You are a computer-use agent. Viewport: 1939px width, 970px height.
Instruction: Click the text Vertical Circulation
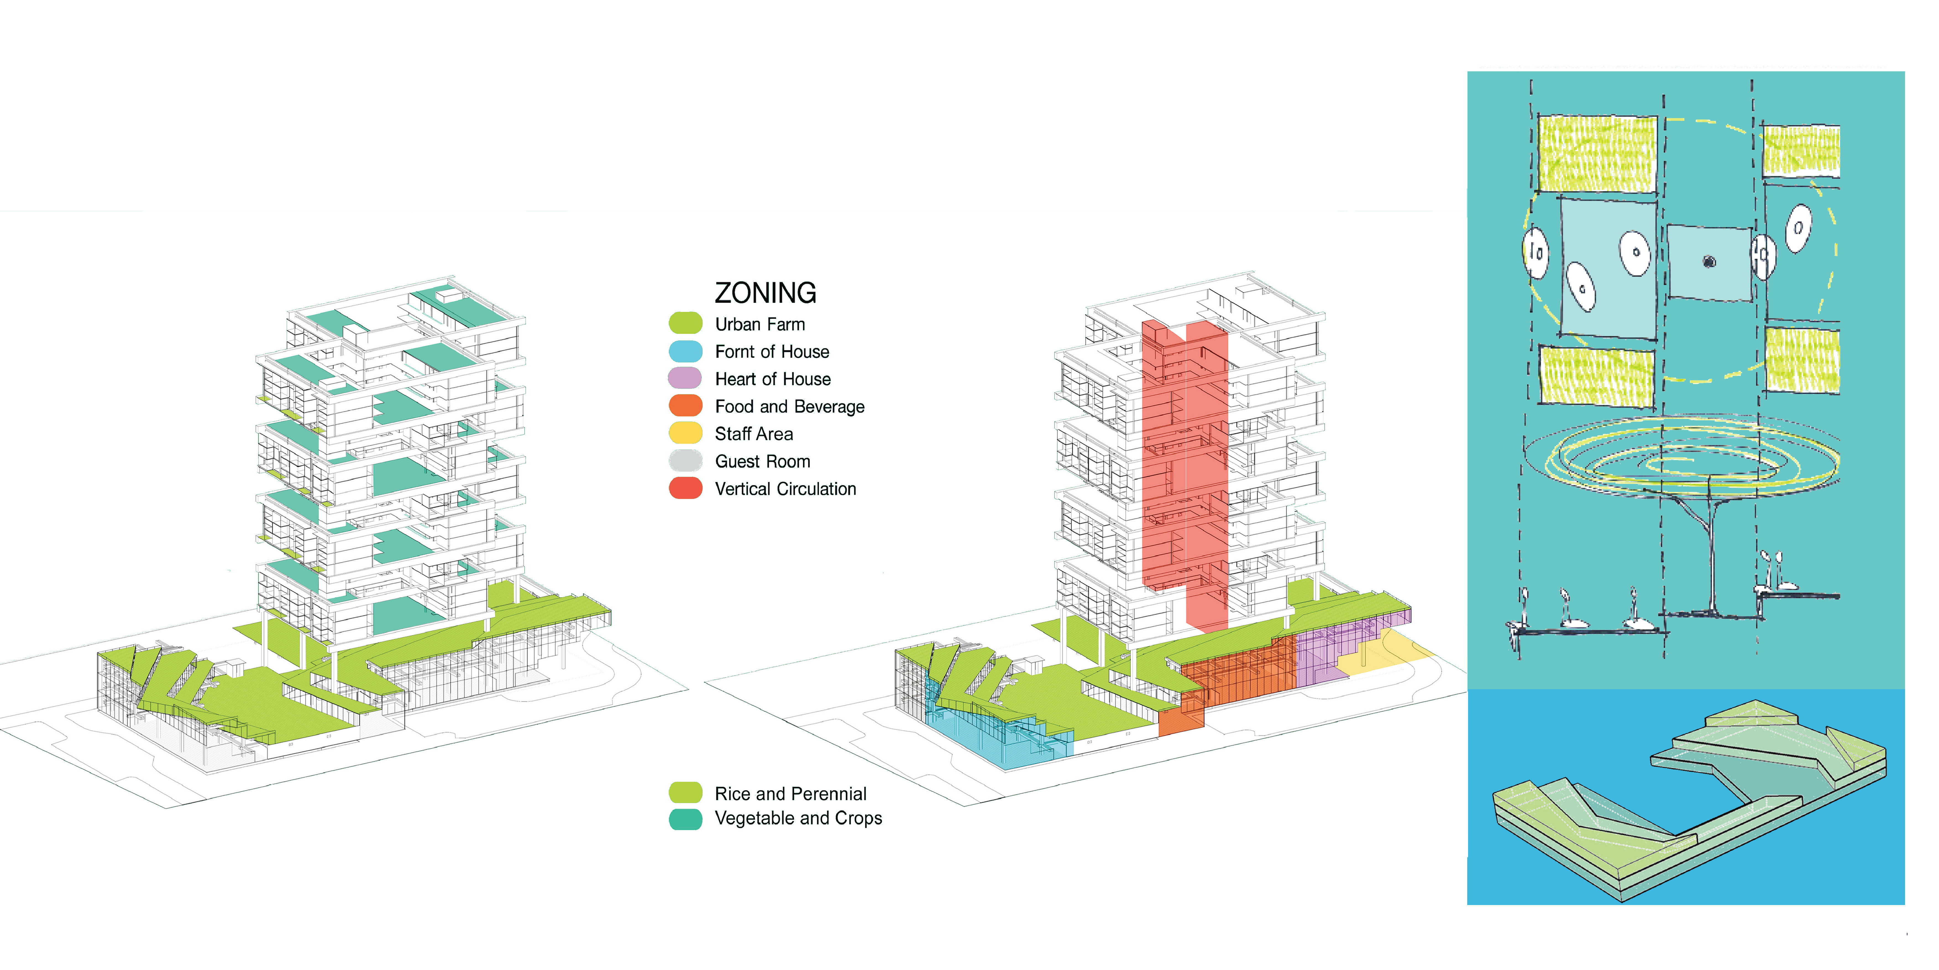(x=785, y=489)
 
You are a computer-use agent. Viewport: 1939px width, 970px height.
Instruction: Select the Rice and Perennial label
(x=790, y=794)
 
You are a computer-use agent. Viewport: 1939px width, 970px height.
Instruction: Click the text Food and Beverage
(x=790, y=407)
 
